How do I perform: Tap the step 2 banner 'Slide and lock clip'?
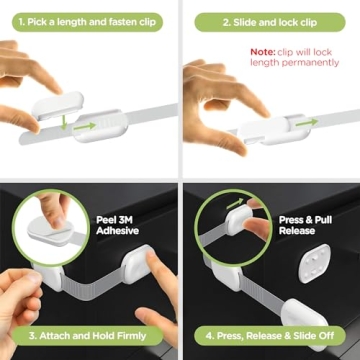click(x=271, y=19)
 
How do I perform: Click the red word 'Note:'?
click(x=262, y=50)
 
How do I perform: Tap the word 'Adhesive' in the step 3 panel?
click(x=118, y=230)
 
